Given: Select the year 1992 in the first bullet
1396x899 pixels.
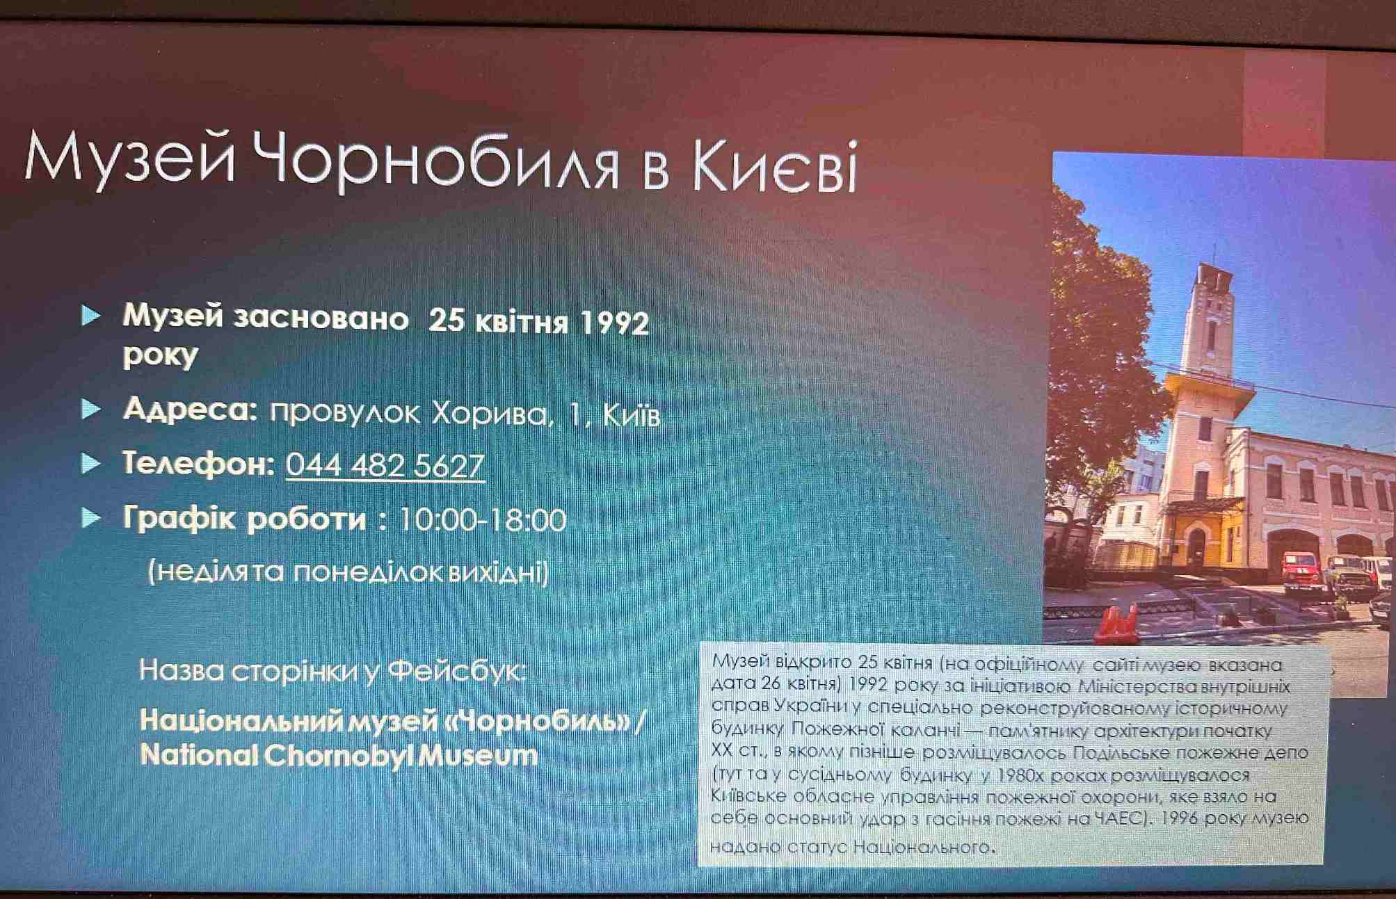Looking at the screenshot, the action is [614, 323].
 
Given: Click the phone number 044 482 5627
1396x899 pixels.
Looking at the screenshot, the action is [385, 465].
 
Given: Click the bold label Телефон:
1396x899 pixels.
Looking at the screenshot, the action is [199, 463].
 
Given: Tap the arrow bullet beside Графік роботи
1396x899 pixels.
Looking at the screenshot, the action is [91, 517].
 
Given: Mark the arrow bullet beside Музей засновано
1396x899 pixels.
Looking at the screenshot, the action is [91, 316].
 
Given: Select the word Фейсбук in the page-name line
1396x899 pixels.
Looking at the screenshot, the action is [456, 671].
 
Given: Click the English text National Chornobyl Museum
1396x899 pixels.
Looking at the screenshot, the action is [339, 756].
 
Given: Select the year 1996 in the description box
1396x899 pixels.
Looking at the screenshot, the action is [1179, 818].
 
